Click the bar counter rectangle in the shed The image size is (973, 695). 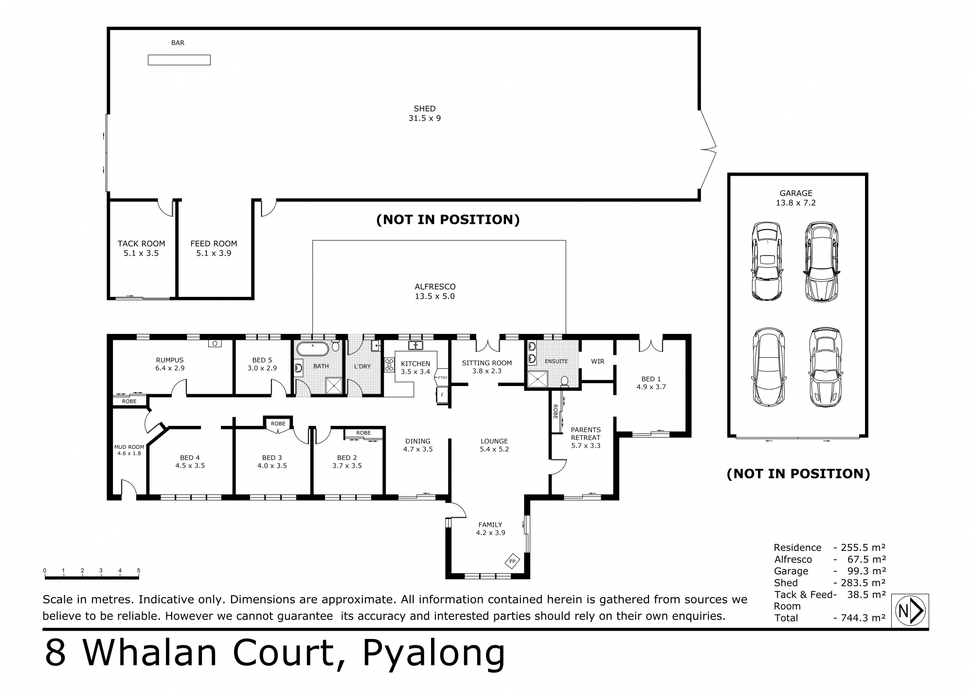(x=179, y=60)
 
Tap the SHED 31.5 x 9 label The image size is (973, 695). (x=424, y=113)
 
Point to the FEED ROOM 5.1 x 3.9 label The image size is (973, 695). (x=214, y=248)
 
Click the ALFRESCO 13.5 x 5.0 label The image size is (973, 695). (x=435, y=292)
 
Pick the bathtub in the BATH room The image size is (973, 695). (x=312, y=349)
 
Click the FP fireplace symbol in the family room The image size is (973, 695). (x=512, y=561)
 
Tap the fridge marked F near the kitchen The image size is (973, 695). (x=442, y=395)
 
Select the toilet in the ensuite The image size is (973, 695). (x=565, y=381)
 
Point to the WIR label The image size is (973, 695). (x=597, y=361)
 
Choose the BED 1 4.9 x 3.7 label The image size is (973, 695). (x=651, y=383)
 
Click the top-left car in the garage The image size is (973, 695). (x=767, y=261)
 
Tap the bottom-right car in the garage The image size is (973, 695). (x=826, y=367)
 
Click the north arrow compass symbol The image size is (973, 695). (x=910, y=610)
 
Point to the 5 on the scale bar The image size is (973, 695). (x=139, y=570)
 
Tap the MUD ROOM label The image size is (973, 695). (x=129, y=450)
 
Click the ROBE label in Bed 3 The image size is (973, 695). (x=278, y=423)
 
